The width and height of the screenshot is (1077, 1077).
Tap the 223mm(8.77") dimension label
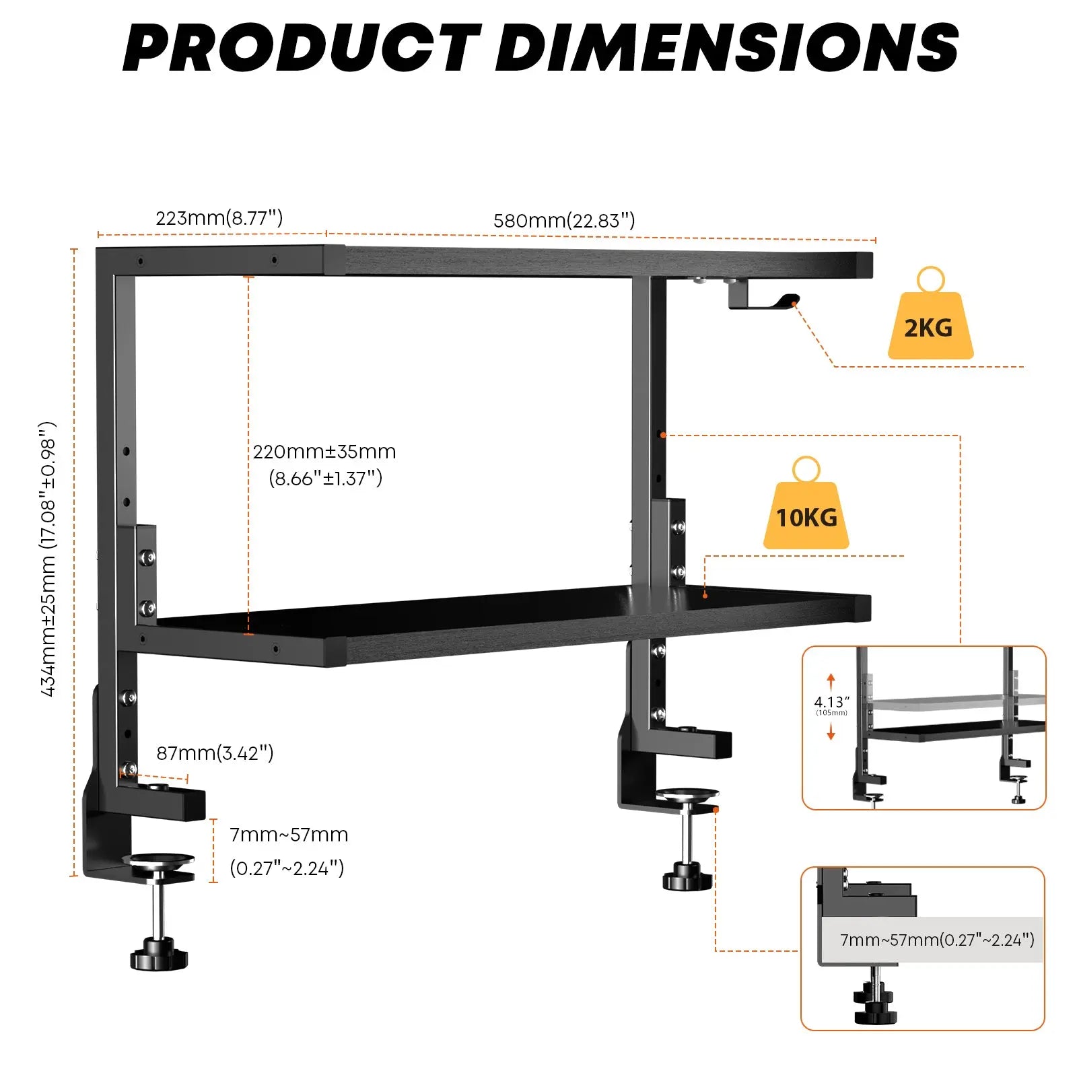[219, 218]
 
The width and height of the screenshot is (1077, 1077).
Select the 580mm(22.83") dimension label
[564, 221]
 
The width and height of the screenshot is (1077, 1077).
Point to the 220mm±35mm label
[324, 452]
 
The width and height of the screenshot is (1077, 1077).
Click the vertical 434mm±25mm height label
[48, 559]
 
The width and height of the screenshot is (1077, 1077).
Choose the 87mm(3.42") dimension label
[215, 753]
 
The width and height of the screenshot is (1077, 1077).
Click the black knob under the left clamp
[159, 957]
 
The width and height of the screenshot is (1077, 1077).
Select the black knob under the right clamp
[687, 878]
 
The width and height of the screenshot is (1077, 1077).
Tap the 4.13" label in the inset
[831, 702]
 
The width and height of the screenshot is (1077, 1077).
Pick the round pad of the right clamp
[687, 795]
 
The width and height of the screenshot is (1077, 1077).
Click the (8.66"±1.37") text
[326, 479]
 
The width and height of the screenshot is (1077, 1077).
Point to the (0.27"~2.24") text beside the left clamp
[287, 868]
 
